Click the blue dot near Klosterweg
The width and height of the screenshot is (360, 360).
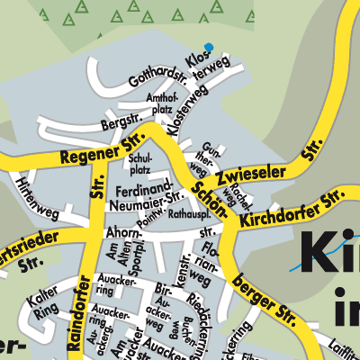click(209, 48)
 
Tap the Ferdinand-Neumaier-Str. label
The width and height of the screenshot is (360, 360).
click(149, 198)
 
